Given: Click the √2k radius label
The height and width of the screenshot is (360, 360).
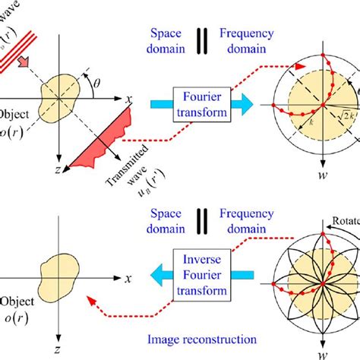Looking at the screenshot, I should (x=343, y=115).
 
